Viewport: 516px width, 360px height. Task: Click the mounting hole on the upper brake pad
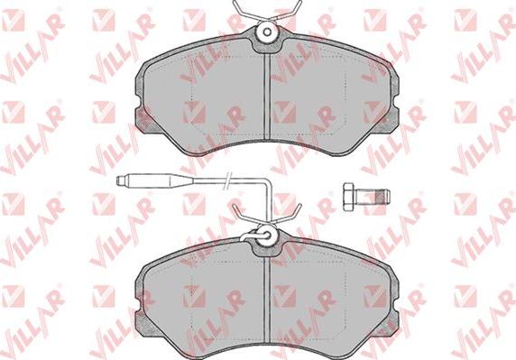point(268,32)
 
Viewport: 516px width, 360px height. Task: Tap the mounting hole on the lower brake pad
point(267,235)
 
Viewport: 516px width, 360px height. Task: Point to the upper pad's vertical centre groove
point(267,96)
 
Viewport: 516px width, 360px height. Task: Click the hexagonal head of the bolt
point(348,197)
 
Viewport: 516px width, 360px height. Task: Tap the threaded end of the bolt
point(383,197)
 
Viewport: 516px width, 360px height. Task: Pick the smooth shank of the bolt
point(365,197)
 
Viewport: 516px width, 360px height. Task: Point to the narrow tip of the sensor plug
point(122,180)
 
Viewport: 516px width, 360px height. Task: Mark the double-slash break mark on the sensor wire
point(227,180)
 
